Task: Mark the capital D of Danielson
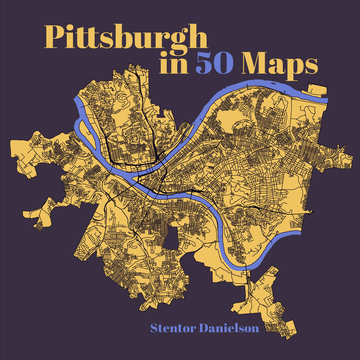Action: (x=205, y=328)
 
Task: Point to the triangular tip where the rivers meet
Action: (x=135, y=180)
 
